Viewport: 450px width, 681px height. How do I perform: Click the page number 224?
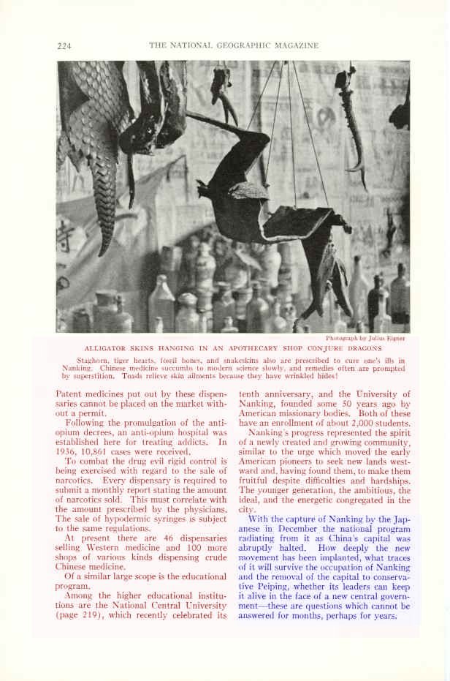click(64, 45)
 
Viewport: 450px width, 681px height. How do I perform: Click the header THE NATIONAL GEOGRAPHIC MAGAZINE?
click(234, 45)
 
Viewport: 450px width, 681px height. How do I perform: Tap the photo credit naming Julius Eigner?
click(365, 338)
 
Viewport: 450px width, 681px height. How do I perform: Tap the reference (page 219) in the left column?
click(80, 616)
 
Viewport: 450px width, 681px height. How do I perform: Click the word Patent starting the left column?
click(70, 394)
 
